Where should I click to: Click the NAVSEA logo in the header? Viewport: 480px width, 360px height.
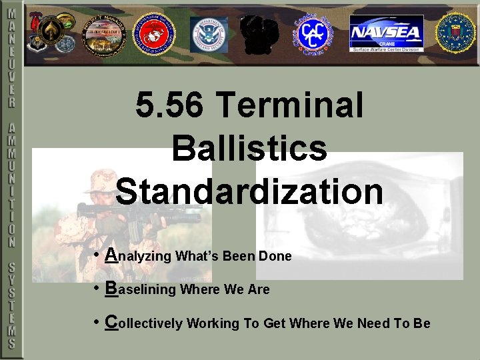pyautogui.click(x=387, y=33)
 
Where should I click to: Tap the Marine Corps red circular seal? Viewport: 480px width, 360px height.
pyautogui.click(x=153, y=33)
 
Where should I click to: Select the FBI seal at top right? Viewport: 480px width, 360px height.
pyautogui.click(x=455, y=33)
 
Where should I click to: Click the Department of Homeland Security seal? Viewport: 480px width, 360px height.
pyautogui.click(x=209, y=34)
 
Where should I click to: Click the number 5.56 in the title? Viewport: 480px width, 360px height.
pyautogui.click(x=172, y=105)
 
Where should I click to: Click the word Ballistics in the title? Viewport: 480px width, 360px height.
pyautogui.click(x=249, y=148)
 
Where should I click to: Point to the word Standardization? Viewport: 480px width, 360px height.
pyautogui.click(x=249, y=191)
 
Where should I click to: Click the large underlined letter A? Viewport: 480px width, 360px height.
pyautogui.click(x=113, y=255)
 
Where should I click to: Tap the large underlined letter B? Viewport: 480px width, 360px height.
pyautogui.click(x=112, y=288)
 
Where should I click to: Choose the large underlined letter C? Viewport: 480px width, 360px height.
pyautogui.click(x=112, y=322)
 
